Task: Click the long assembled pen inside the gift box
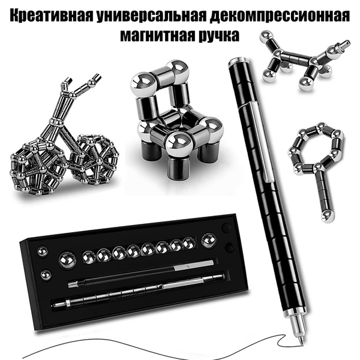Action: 138,296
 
